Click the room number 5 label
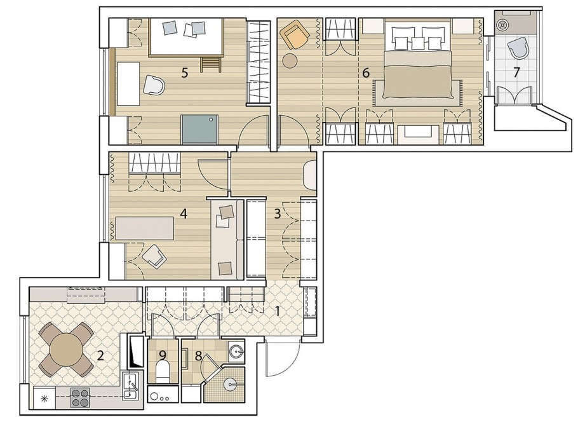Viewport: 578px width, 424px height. coord(185,72)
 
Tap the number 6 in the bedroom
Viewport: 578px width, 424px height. coord(366,72)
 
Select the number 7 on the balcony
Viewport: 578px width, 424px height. coord(516,72)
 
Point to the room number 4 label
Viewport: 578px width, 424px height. coord(184,214)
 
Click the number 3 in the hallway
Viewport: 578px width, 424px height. coord(278,214)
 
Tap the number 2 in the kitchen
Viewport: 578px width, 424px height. coord(100,356)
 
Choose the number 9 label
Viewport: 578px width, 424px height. coord(163,355)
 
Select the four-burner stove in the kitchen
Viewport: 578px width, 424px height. coord(80,398)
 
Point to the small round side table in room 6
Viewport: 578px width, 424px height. coord(290,60)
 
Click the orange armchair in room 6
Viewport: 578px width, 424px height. coord(295,34)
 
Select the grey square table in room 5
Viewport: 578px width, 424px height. coord(199,129)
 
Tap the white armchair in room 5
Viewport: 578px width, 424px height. coord(154,85)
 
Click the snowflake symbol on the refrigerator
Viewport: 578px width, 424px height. coord(44,399)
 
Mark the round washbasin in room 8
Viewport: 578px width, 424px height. coord(236,350)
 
